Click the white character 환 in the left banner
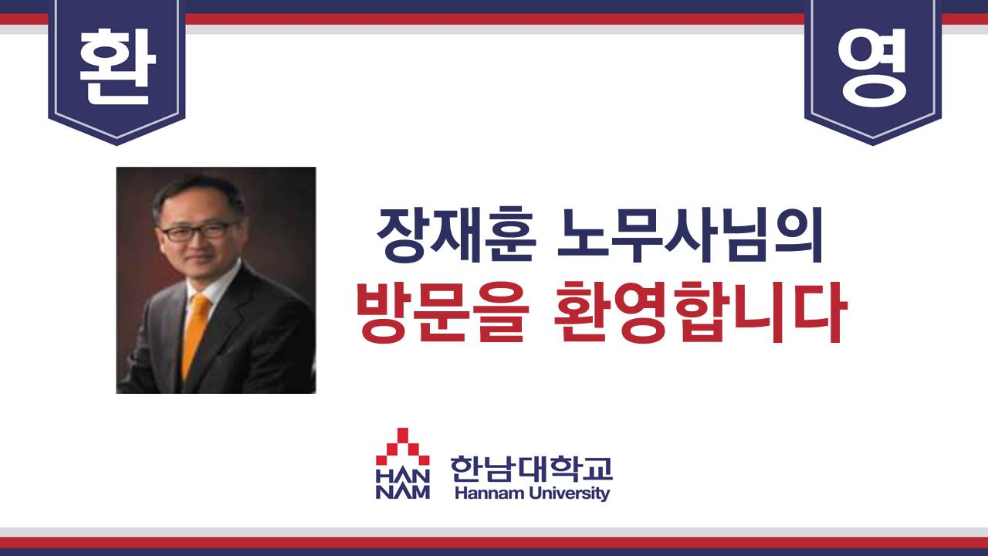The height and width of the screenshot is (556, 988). [117, 66]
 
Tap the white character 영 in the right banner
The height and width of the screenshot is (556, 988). [873, 67]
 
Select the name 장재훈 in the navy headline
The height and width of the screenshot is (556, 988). [456, 235]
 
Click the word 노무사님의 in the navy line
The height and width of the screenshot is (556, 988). [690, 235]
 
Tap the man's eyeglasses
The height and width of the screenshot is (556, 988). [198, 231]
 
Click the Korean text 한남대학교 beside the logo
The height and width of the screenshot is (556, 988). [532, 469]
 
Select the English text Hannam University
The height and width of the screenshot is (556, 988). [532, 493]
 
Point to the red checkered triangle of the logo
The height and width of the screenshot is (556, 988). [402, 446]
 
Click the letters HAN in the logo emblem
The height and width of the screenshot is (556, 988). [402, 476]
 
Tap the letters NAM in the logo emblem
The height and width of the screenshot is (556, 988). [402, 492]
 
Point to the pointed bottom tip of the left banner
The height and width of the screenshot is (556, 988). [117, 144]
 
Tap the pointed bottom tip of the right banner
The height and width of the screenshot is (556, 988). [873, 144]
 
